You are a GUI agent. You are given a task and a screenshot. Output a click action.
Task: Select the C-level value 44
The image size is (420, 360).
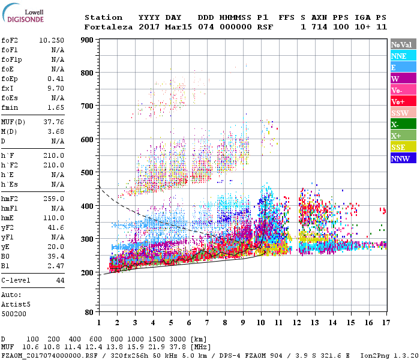[60, 280]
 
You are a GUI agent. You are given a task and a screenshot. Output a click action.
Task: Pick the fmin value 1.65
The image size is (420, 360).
[56, 107]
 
